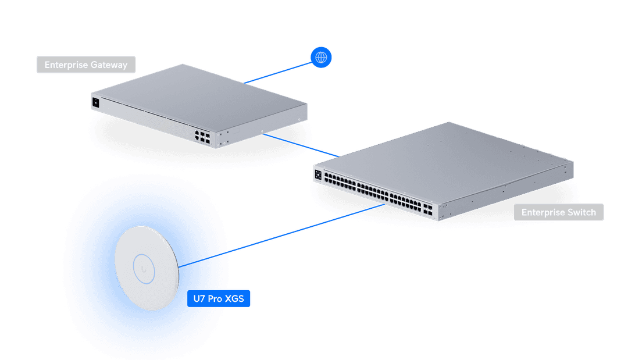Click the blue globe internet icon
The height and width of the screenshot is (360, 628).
[x=320, y=57]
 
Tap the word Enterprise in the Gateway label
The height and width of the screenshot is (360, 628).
[x=66, y=65]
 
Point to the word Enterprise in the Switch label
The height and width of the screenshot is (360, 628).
[x=542, y=212]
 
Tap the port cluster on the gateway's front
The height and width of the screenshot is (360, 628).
[x=203, y=137]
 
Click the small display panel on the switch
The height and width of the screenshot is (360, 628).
[x=318, y=174]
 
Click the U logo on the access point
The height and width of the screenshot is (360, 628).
[x=143, y=268]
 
